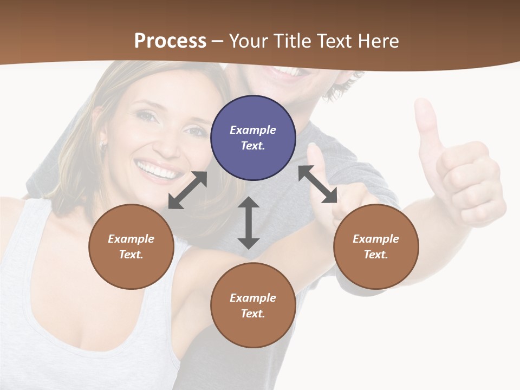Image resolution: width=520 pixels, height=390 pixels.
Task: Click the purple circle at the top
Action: pyautogui.click(x=253, y=138)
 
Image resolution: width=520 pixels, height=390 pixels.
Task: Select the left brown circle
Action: pyautogui.click(x=131, y=246)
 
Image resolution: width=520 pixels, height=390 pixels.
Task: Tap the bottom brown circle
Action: pyautogui.click(x=253, y=305)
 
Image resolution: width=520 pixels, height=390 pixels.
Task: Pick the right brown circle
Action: pyautogui.click(x=376, y=246)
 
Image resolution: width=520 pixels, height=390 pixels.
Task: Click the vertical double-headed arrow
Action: pyautogui.click(x=249, y=223)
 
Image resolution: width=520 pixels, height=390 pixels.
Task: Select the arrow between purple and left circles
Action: pyautogui.click(x=187, y=190)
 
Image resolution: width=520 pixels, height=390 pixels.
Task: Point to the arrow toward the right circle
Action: pyautogui.click(x=317, y=184)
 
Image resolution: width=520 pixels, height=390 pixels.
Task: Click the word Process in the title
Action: pyautogui.click(x=170, y=41)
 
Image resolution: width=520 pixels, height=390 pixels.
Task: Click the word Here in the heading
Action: pyautogui.click(x=379, y=41)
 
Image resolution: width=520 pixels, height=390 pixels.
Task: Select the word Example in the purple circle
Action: pyautogui.click(x=253, y=130)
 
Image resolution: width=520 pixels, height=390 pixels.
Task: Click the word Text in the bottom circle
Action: pyautogui.click(x=252, y=314)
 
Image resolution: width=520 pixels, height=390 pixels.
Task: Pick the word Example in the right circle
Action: pyautogui.click(x=376, y=239)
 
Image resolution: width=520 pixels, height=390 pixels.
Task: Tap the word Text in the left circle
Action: pyautogui.click(x=131, y=255)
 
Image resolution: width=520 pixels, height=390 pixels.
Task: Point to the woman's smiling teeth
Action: pyautogui.click(x=158, y=170)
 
